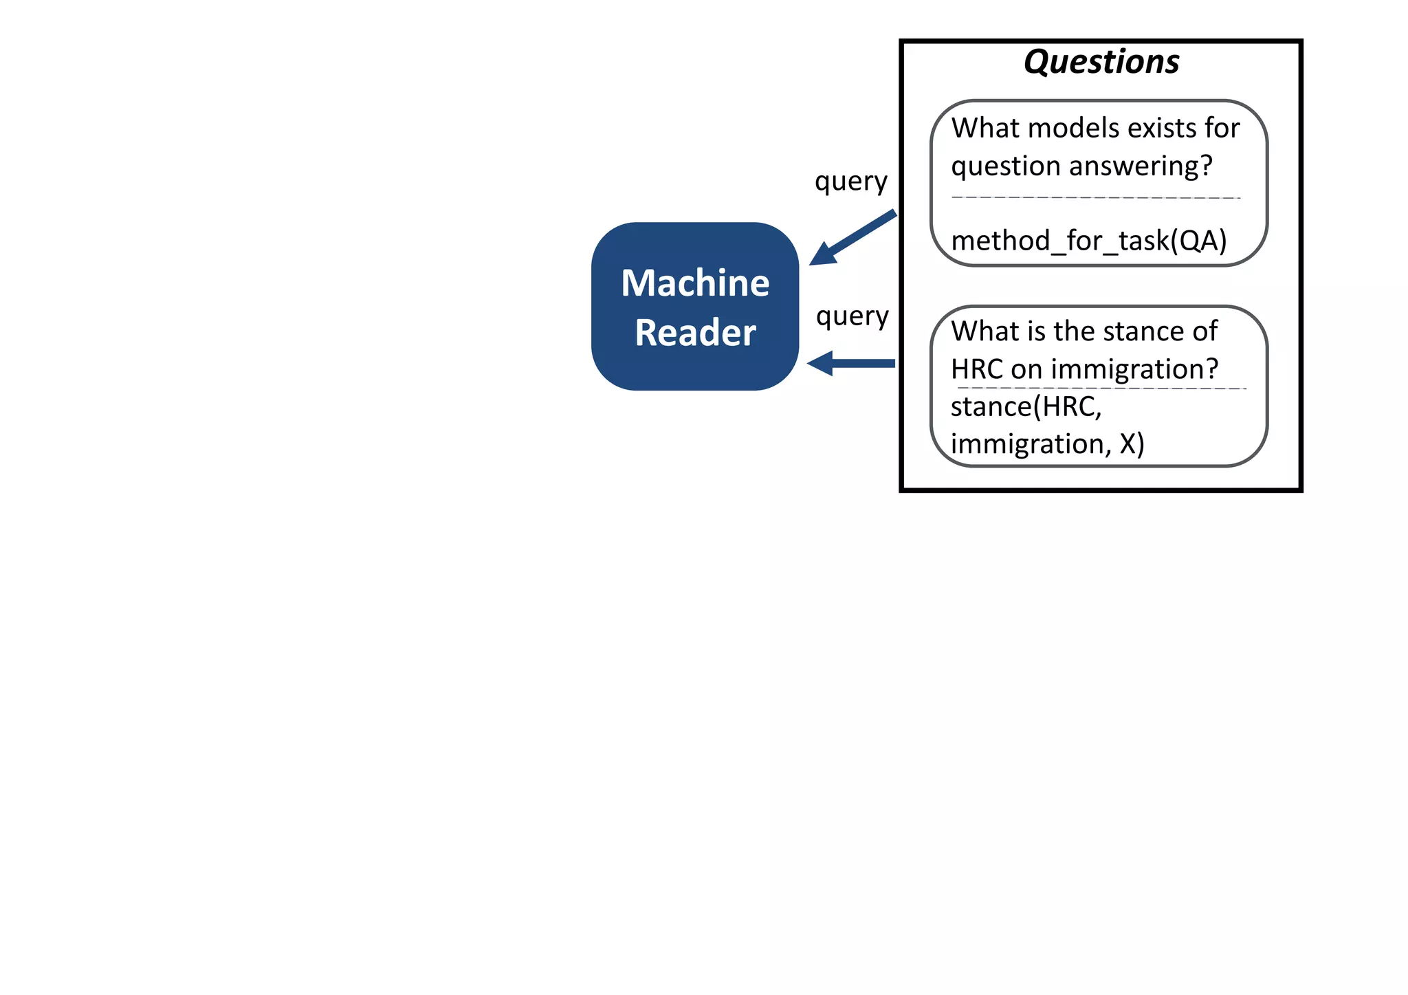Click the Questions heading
1101,62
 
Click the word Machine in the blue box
694,283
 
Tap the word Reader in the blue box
694,333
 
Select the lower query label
852,317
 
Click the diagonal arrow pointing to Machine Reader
852,238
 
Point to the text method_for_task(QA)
1088,241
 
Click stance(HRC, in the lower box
1026,407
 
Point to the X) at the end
1132,444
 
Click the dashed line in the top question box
1096,197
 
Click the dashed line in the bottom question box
1100,389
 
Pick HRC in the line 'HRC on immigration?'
976,370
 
